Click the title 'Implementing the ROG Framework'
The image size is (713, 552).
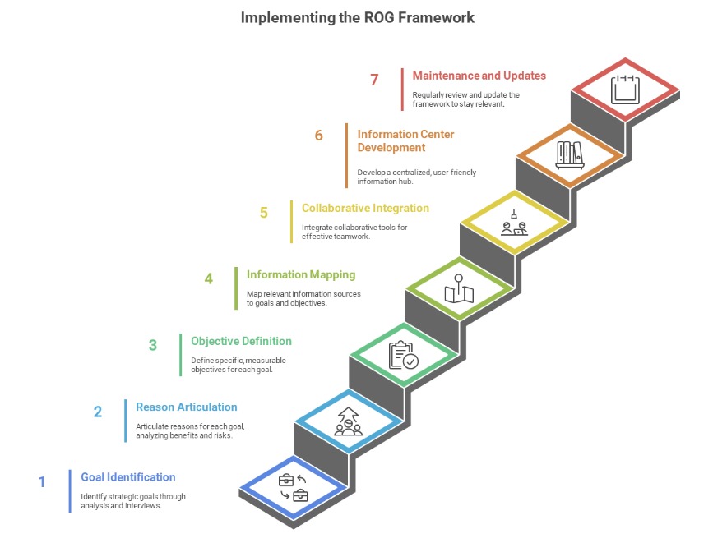pos(357,17)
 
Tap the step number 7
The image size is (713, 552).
pos(374,80)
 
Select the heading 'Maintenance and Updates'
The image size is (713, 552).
pos(479,76)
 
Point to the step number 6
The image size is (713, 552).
pos(319,136)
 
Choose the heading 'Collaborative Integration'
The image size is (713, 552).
pos(365,208)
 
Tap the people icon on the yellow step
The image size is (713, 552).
pos(514,223)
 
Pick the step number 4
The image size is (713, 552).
pos(209,278)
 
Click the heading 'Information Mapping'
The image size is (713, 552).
pos(301,274)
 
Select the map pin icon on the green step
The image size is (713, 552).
pos(460,290)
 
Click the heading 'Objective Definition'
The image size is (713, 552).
pos(241,341)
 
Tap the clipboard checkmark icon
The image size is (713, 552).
pos(403,355)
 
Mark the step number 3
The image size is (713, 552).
pos(153,345)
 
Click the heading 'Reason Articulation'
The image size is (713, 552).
pos(186,407)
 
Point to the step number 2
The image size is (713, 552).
pos(98,412)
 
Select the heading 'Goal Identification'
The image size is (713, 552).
pos(127,477)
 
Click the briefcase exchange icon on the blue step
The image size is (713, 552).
pos(294,487)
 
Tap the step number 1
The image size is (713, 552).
pos(42,482)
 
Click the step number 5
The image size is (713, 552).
pos(264,213)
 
